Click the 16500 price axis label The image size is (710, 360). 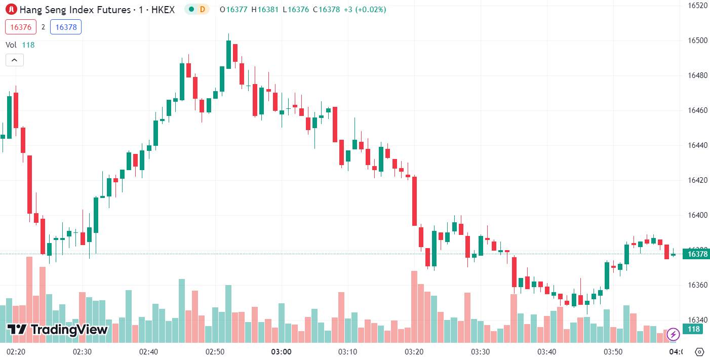click(697, 41)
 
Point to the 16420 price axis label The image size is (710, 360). click(697, 180)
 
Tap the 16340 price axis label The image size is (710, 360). click(697, 320)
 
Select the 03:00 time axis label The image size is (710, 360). click(281, 352)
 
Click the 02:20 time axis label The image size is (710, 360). click(16, 352)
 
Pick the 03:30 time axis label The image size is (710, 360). click(480, 352)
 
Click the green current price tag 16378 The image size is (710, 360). click(696, 254)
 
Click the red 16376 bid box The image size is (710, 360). click(21, 27)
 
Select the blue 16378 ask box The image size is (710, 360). click(66, 27)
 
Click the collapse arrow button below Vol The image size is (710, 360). click(15, 60)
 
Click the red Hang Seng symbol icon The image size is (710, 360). click(11, 9)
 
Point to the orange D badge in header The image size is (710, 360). click(202, 9)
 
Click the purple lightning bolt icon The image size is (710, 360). click(673, 334)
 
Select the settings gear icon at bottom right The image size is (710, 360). click(699, 352)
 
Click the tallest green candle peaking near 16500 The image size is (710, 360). click(228, 54)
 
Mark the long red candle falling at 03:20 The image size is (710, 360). click(414, 201)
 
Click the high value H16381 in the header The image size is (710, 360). click(265, 10)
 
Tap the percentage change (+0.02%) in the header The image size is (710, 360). click(371, 10)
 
